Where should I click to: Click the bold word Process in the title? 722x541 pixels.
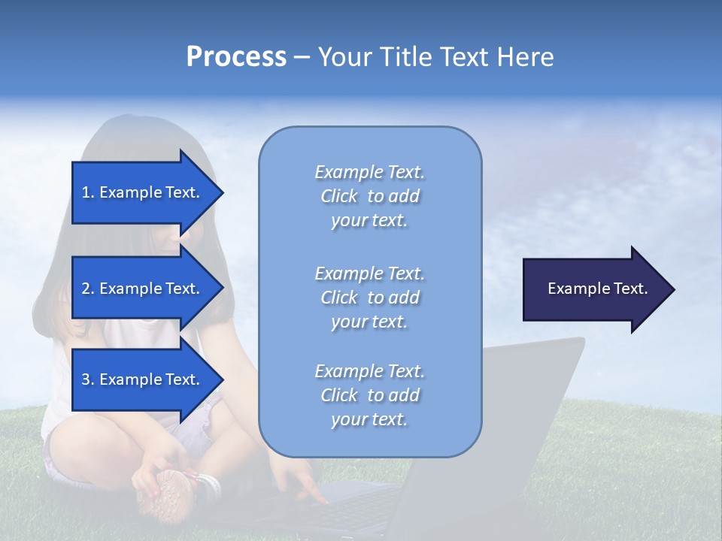coord(236,57)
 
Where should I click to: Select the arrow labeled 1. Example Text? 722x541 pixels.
coord(143,192)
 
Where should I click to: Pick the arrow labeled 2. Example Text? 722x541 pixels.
coord(143,289)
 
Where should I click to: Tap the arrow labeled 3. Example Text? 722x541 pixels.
coord(143,379)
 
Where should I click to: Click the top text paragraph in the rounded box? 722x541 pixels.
coord(369,196)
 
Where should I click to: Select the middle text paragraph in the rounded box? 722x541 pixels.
coord(369,298)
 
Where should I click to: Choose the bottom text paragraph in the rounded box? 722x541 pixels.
coord(369,395)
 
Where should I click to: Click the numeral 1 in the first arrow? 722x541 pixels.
coord(85,192)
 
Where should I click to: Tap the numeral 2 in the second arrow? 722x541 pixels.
coord(86,289)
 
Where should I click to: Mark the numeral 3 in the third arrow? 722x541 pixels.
coord(86,379)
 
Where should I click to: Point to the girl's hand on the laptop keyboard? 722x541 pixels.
coord(308,492)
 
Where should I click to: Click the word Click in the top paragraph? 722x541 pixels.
coord(339,196)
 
